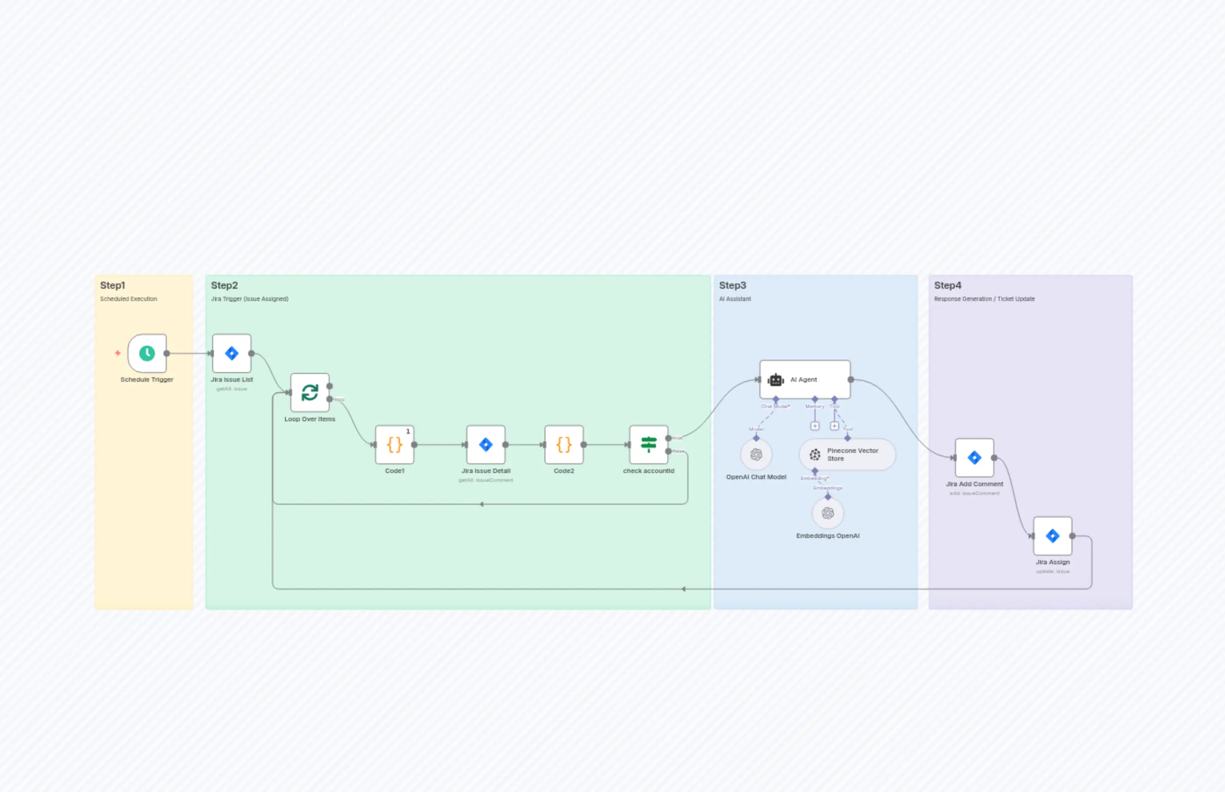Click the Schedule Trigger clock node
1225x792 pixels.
click(x=147, y=353)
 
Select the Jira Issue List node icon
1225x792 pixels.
click(x=232, y=353)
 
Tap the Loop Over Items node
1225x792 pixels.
click(x=310, y=392)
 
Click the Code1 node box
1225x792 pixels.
click(x=395, y=444)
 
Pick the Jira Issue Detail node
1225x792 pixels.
click(x=486, y=444)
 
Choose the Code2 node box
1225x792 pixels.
click(x=564, y=444)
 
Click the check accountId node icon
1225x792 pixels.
click(x=648, y=444)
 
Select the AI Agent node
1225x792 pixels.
click(x=805, y=380)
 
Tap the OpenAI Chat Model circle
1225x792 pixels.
click(x=756, y=455)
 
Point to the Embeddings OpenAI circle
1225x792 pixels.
click(x=827, y=513)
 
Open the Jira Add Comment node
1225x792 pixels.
click(x=974, y=458)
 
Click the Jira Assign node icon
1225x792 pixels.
click(x=1052, y=536)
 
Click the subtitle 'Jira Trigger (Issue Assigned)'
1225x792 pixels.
click(x=250, y=299)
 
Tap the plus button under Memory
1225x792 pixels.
click(x=815, y=426)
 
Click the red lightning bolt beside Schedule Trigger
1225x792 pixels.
click(x=118, y=353)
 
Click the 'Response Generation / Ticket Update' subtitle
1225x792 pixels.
click(x=984, y=299)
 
